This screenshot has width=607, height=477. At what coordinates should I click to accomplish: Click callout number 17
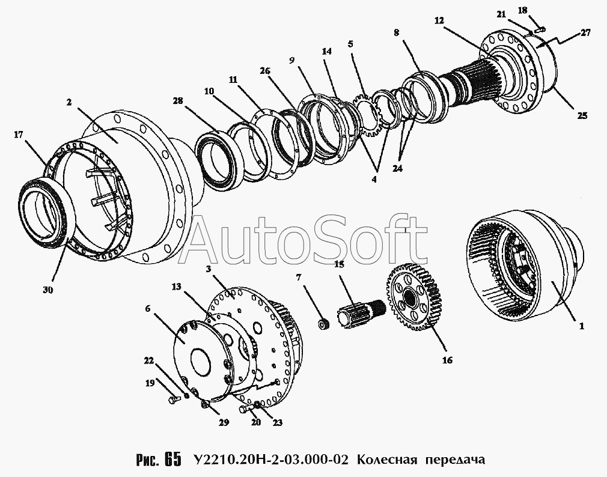(x=19, y=135)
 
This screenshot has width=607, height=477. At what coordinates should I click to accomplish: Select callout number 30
(x=48, y=290)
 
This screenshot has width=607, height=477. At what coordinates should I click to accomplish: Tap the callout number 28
(x=178, y=101)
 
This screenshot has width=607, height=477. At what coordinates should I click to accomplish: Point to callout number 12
(x=439, y=20)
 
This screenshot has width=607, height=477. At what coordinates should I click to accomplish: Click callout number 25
(x=582, y=115)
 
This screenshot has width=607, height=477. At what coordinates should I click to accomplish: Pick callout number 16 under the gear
(x=447, y=360)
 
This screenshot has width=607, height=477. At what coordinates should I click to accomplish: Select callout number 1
(x=581, y=327)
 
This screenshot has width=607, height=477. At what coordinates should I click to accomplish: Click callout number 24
(x=398, y=168)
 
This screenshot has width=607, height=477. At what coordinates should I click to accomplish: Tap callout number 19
(x=150, y=383)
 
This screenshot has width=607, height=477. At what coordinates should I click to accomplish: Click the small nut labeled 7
(x=323, y=324)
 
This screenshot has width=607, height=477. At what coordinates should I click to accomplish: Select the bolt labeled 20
(x=245, y=408)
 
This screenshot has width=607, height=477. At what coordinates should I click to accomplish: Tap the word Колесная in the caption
(x=386, y=460)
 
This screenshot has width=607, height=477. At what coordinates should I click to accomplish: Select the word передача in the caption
(x=456, y=460)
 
